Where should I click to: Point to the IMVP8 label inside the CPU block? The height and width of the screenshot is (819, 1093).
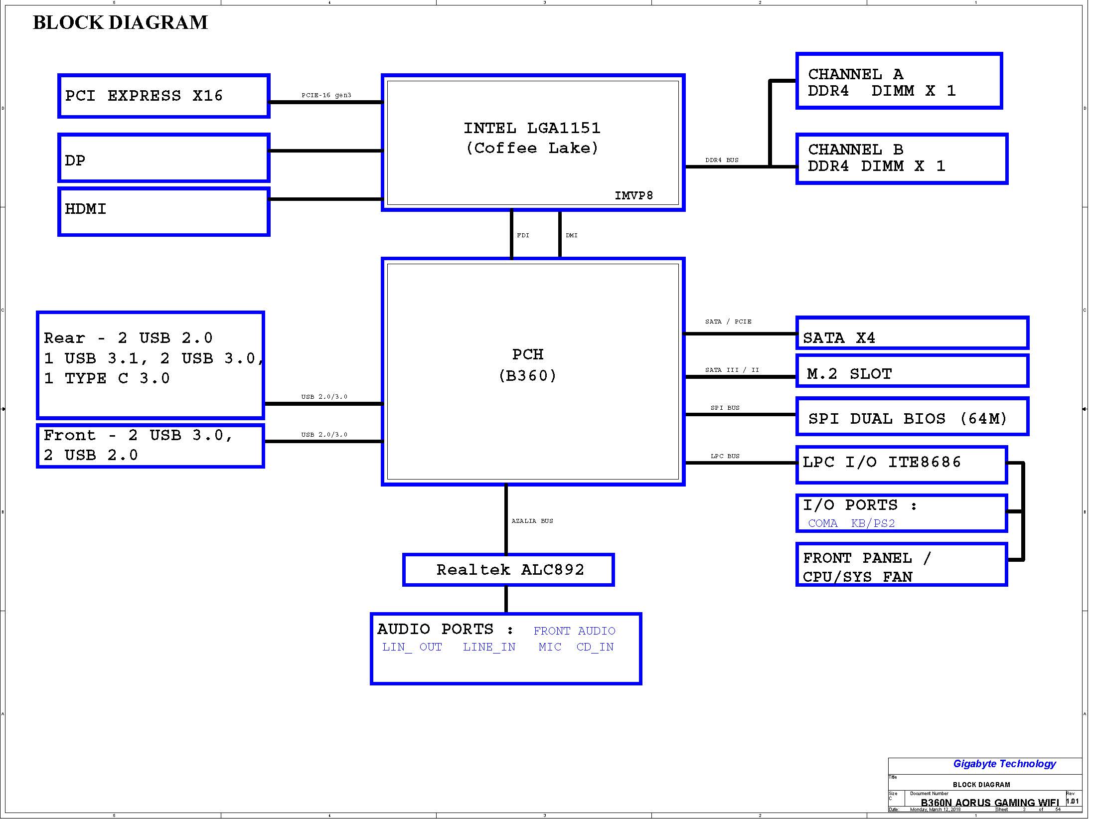tap(633, 195)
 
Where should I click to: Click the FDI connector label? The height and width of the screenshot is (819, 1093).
tap(523, 235)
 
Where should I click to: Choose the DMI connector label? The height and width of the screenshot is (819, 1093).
tap(572, 235)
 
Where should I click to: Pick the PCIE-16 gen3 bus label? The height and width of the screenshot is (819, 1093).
tap(326, 95)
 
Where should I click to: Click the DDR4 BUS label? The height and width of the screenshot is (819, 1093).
tap(722, 160)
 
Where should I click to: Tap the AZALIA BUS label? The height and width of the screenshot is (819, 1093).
tap(532, 521)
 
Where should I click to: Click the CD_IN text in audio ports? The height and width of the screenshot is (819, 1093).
tap(595, 647)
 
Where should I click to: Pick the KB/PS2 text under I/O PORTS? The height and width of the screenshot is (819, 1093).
tap(873, 523)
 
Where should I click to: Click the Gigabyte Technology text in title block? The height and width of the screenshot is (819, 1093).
tap(1004, 764)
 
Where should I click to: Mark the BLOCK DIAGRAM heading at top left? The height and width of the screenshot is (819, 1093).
tap(120, 22)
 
